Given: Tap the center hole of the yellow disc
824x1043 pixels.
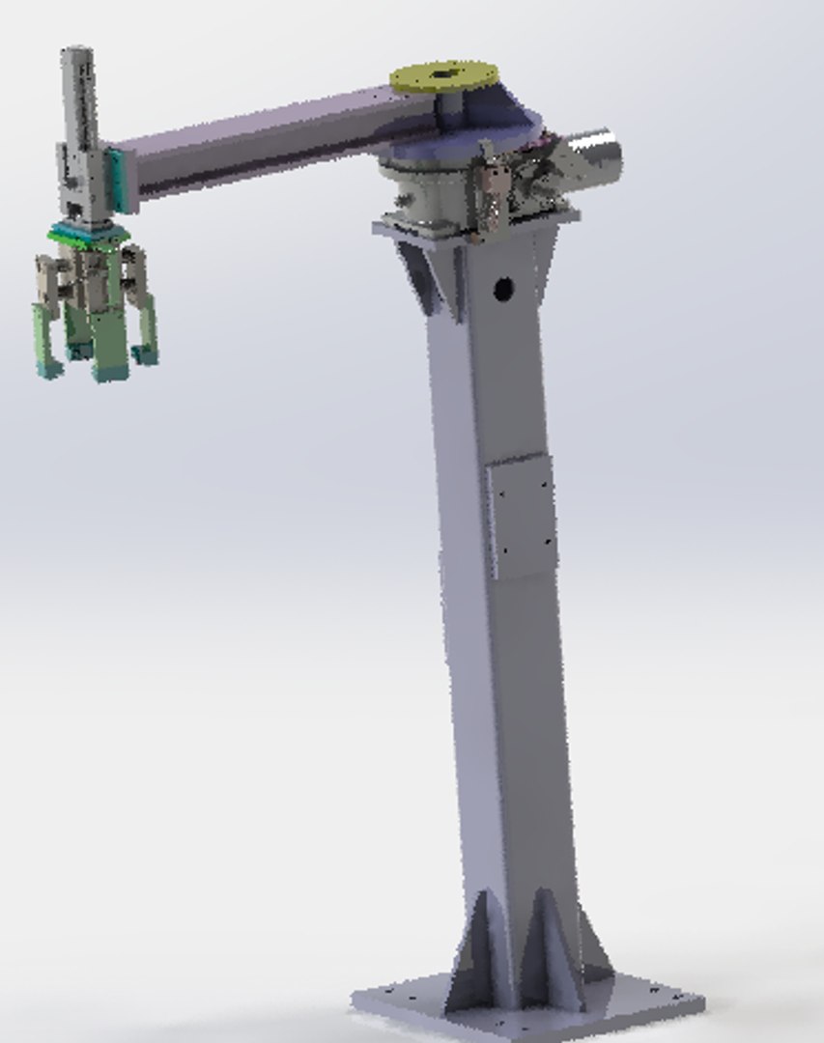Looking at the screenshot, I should pyautogui.click(x=444, y=71).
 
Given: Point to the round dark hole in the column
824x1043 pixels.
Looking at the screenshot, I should pyautogui.click(x=502, y=288).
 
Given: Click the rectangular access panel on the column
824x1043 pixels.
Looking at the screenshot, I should pyautogui.click(x=522, y=517).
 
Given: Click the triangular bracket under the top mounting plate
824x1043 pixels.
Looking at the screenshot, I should pyautogui.click(x=421, y=275).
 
